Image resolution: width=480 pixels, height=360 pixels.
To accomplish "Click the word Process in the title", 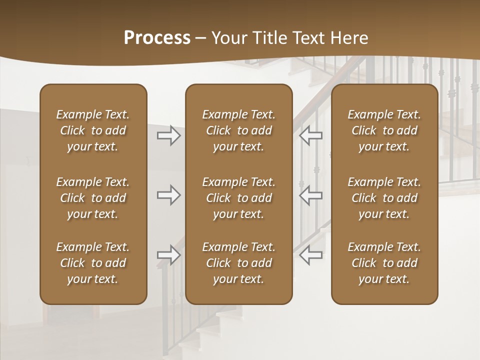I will click(x=157, y=38).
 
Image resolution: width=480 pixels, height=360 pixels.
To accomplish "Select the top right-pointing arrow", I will click(x=169, y=135).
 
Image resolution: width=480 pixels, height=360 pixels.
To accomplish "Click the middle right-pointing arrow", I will click(x=169, y=195).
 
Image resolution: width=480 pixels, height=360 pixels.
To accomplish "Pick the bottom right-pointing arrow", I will click(x=169, y=255).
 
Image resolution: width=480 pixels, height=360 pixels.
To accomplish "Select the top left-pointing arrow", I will click(x=311, y=135).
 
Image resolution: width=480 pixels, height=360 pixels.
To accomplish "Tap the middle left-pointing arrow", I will click(x=311, y=195).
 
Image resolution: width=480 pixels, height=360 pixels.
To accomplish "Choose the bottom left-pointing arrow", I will click(x=311, y=255).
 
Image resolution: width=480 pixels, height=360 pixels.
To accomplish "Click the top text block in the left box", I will click(x=93, y=130).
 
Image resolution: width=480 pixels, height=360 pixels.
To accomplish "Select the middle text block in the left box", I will click(x=93, y=198).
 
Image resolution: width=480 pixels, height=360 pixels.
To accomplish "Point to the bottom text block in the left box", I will click(x=93, y=263).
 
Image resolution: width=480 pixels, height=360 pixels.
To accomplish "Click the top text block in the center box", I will click(x=238, y=130).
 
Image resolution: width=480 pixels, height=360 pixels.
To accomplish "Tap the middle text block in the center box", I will click(x=238, y=198).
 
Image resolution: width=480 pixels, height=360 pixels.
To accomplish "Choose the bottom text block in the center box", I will click(x=238, y=263).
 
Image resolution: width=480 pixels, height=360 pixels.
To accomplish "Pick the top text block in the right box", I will click(x=384, y=130).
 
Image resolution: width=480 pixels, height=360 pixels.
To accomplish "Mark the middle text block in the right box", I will click(x=384, y=198).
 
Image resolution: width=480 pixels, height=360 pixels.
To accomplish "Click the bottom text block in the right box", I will click(x=384, y=263).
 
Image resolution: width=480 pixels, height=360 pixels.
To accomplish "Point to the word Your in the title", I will click(x=228, y=38).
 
